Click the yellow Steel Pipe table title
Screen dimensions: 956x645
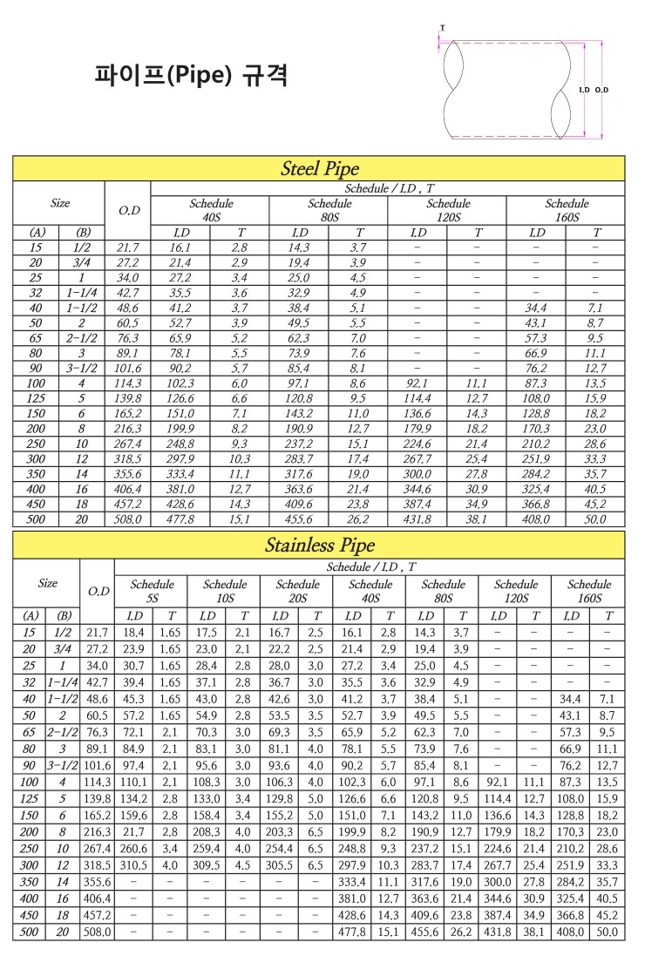point(319,168)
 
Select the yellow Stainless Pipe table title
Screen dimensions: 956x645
point(319,546)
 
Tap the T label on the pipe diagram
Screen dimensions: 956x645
point(442,28)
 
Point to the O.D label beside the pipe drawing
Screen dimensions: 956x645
point(601,90)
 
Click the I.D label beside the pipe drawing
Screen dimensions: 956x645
point(584,90)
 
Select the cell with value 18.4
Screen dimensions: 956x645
point(133,633)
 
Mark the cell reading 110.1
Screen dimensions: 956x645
point(133,783)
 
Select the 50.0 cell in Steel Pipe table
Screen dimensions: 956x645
point(596,520)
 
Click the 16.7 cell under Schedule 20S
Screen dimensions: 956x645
point(280,633)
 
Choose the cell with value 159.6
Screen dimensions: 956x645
point(133,816)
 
